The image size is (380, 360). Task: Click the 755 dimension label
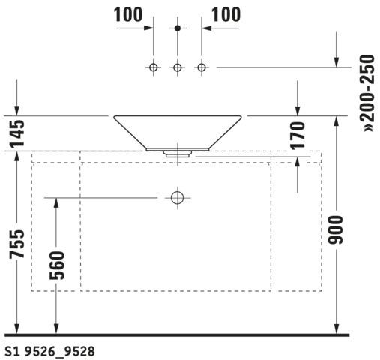click(17, 244)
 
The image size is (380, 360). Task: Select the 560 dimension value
click(57, 265)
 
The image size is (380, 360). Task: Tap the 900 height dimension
click(336, 230)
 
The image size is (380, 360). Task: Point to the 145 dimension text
click(17, 133)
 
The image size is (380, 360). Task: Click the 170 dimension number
click(298, 136)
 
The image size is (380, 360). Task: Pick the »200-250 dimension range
click(367, 93)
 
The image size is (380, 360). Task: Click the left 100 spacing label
click(128, 14)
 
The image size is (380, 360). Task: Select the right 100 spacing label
click(226, 14)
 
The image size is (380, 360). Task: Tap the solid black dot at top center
click(178, 28)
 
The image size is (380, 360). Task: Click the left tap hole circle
click(154, 67)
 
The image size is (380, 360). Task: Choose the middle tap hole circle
click(178, 67)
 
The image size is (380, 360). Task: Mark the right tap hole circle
click(202, 67)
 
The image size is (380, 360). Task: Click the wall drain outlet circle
click(178, 198)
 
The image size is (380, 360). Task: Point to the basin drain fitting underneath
click(178, 154)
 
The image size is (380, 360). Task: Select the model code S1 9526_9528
click(50, 351)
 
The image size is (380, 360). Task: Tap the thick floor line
click(177, 334)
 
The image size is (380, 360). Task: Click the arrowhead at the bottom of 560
click(56, 328)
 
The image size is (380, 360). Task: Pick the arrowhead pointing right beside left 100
click(148, 28)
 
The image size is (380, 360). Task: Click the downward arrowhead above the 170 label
click(298, 111)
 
